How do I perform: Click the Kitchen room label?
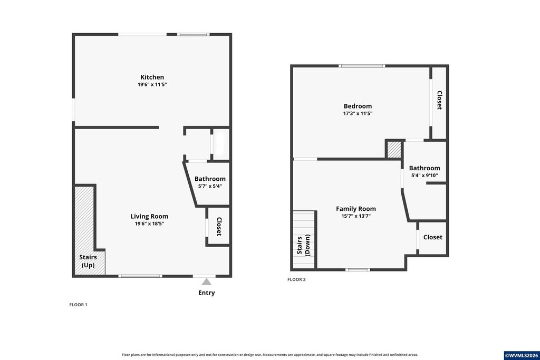(152, 77)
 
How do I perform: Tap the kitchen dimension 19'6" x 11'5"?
(152, 84)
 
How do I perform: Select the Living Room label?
(149, 217)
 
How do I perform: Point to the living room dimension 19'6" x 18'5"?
(149, 223)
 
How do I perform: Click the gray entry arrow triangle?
(206, 282)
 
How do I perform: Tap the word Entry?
(206, 293)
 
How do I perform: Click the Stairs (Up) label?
(88, 261)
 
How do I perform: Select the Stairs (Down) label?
(303, 245)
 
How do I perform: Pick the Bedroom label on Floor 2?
(358, 106)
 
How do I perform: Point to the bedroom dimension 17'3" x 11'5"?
(358, 113)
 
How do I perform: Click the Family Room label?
(356, 209)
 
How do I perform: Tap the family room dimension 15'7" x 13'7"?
(356, 216)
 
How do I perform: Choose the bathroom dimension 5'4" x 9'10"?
(425, 176)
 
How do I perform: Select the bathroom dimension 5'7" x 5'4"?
(210, 186)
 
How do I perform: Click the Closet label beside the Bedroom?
(439, 100)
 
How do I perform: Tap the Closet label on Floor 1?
(219, 227)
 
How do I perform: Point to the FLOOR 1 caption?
(78, 305)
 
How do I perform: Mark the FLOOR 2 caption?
(296, 279)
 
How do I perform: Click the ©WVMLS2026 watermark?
(522, 356)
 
